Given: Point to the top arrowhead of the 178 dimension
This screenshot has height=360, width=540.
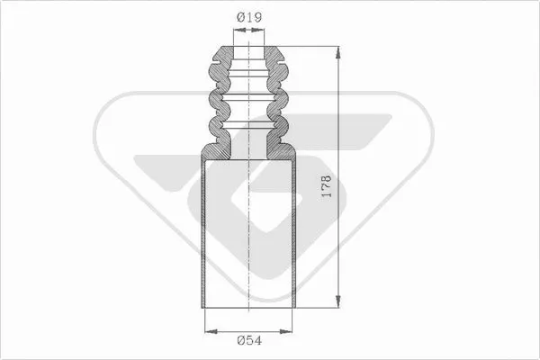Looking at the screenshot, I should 338,49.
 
